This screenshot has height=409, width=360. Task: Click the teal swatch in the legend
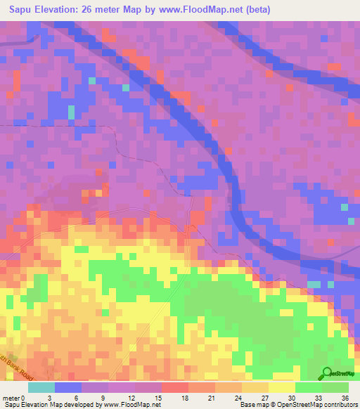(x=42, y=387)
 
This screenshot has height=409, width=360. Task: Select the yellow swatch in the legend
(x=282, y=387)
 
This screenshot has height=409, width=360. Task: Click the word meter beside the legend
(x=11, y=397)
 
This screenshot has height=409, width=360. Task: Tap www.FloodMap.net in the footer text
(x=132, y=405)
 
